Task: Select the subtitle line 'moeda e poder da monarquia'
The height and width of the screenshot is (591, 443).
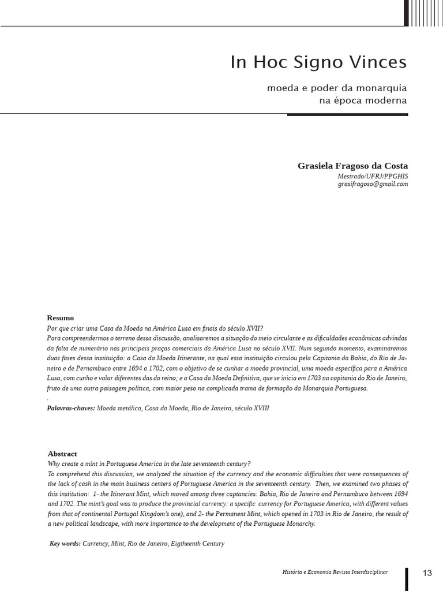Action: (337, 88)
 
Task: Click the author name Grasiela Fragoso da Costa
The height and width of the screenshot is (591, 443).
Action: (352, 166)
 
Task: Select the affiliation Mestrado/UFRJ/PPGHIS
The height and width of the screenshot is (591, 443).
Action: (373, 176)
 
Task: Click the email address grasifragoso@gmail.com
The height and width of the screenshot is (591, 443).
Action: (373, 184)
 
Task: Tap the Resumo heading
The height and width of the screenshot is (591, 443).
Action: (60, 318)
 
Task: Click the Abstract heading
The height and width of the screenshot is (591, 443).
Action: (62, 454)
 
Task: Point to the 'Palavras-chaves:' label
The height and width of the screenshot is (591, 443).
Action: (71, 408)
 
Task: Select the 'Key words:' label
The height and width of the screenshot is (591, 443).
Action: (65, 544)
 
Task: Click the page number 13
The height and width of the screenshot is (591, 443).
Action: (427, 573)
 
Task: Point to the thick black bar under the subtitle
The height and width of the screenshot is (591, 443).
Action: (347, 114)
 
